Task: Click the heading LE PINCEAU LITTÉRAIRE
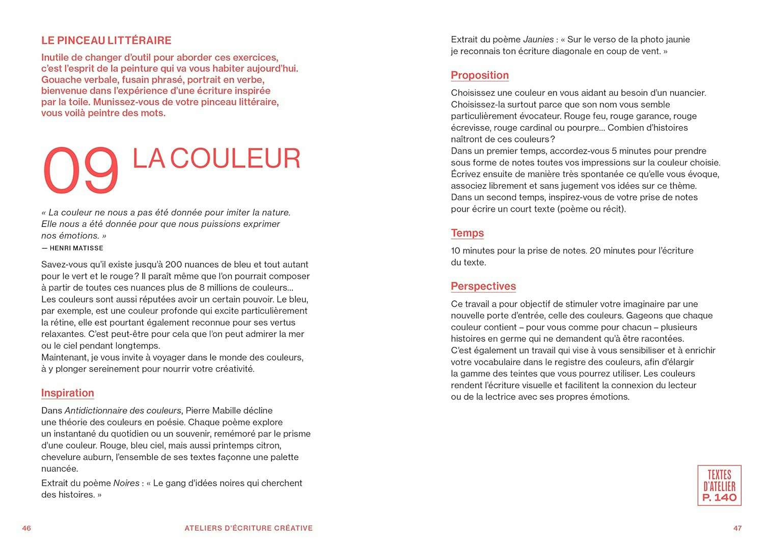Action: [106, 41]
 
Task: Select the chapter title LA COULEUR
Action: [216, 159]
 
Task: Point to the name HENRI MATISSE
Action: [76, 248]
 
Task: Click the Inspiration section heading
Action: [68, 393]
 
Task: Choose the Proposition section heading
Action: [480, 75]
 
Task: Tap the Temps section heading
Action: [467, 233]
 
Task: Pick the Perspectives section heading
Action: [483, 286]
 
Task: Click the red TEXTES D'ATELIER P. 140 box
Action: [719, 485]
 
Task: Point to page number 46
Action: [26, 528]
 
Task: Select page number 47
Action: [737, 528]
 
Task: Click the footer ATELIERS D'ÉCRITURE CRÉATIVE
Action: [249, 528]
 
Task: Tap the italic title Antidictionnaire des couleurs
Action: [123, 411]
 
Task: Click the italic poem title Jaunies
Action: [538, 40]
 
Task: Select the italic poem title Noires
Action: [126, 483]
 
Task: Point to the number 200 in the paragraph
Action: [174, 265]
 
